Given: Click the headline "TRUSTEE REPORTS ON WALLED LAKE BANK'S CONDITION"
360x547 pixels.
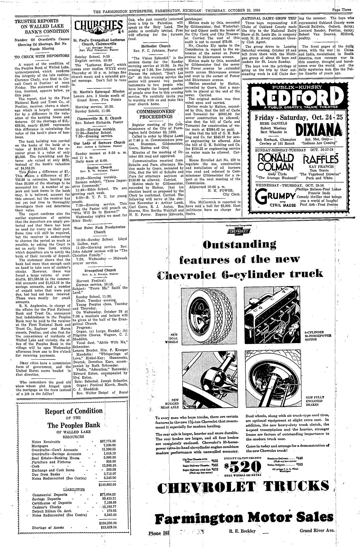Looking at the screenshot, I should (x=42, y=26).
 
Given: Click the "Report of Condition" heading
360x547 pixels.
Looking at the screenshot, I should (x=74, y=411).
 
